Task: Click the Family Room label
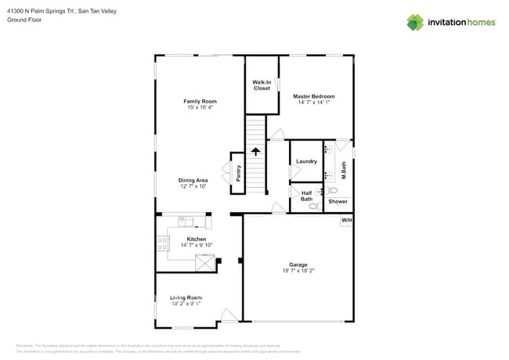200,101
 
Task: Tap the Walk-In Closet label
262,85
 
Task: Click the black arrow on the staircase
254,152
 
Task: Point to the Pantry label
238,171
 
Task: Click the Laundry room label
305,161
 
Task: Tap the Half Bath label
306,196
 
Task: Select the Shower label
338,201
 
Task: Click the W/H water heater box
345,221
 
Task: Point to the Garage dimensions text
298,271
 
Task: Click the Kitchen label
196,239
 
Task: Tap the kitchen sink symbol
186,221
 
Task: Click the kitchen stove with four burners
162,243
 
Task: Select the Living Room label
186,297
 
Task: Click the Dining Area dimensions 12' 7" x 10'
193,186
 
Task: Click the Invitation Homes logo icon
414,22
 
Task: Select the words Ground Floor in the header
23,20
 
